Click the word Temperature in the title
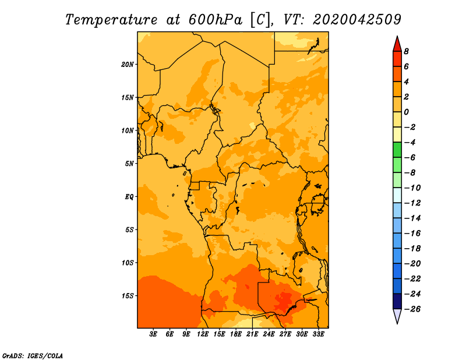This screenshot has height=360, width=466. point(111,20)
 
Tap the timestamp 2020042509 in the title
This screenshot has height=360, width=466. point(357,20)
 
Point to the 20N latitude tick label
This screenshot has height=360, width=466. point(128,65)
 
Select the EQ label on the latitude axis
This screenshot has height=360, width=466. point(129,197)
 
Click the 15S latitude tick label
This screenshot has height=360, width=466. point(128,296)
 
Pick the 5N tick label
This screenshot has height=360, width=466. point(129,164)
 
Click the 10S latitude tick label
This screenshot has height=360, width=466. point(128,263)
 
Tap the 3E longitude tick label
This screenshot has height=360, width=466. point(153,334)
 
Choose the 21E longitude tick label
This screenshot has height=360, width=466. point(252,334)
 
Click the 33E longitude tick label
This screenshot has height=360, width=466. point(318,334)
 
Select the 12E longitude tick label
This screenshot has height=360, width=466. point(203,334)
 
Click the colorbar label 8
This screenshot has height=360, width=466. point(406,51)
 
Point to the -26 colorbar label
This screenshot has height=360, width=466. point(413,309)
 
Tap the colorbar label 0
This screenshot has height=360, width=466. point(406,112)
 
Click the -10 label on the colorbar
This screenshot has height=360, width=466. point(413,188)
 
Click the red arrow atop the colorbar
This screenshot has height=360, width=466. point(397,44)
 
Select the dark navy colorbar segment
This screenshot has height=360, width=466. point(397,301)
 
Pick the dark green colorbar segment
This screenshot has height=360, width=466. point(397,150)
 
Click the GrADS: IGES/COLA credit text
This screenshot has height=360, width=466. point(33,356)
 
